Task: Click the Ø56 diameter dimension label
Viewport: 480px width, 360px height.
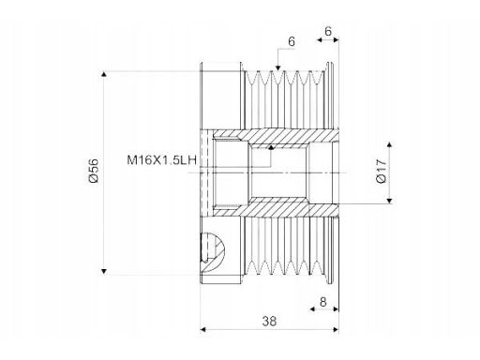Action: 94,171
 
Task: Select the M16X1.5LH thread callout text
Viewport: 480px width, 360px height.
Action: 162,160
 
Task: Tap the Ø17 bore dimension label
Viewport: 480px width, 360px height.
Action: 382,171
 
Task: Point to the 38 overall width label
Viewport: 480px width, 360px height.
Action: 269,321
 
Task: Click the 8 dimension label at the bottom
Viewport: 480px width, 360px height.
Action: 323,302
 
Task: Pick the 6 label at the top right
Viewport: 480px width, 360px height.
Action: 328,31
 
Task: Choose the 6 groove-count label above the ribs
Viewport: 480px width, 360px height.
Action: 292,41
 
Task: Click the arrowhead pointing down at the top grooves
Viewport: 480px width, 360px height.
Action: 277,67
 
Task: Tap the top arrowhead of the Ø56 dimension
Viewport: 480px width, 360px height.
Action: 104,74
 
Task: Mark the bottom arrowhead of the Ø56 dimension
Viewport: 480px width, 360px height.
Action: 104,271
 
